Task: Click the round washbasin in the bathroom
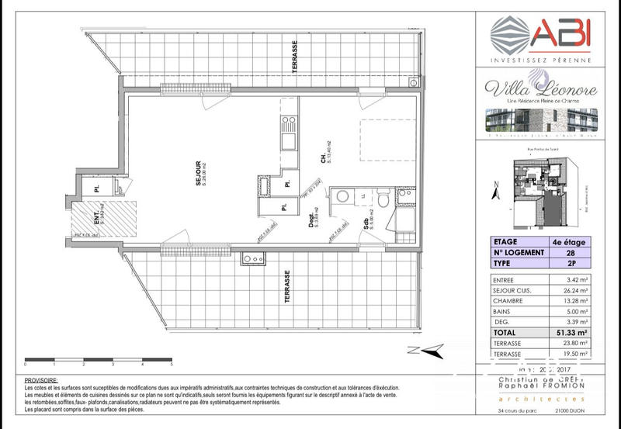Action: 342,196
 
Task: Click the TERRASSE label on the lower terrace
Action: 287,287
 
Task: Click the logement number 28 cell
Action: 569,252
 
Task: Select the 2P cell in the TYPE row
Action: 569,264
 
